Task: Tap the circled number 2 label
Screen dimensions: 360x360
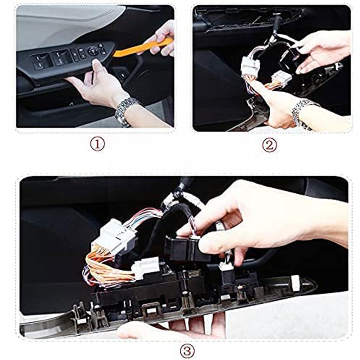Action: [x=269, y=145]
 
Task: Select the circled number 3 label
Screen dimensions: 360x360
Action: [x=187, y=350]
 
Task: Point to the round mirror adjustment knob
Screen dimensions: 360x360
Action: [x=93, y=51]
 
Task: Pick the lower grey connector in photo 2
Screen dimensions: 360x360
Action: [x=281, y=77]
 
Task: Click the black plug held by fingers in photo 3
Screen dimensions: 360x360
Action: [x=183, y=248]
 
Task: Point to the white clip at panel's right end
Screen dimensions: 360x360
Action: [x=296, y=283]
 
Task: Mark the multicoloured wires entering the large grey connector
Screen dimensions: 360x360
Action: [x=144, y=218]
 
